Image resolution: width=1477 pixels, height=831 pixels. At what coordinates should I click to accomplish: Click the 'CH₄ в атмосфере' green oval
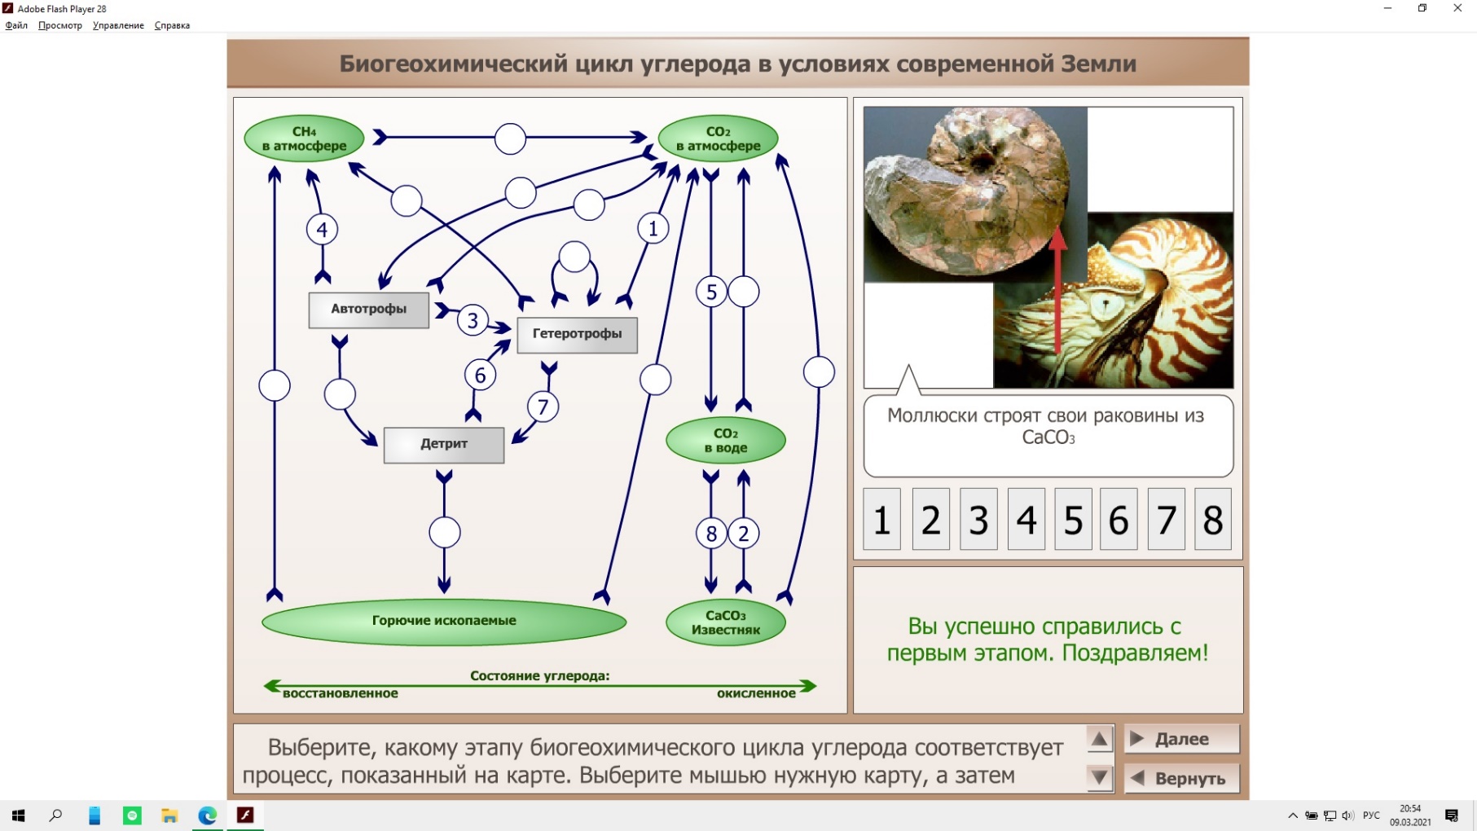[x=304, y=138]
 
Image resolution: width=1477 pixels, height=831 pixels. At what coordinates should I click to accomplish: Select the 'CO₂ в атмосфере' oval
[x=718, y=138]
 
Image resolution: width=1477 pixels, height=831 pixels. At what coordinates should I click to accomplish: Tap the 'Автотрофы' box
[x=369, y=310]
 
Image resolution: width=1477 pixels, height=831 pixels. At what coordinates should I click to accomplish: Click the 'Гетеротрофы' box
[x=577, y=334]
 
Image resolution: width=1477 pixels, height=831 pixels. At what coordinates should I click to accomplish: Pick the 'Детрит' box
[x=444, y=445]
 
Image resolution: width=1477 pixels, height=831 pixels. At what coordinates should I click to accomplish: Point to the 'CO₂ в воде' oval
[x=726, y=441]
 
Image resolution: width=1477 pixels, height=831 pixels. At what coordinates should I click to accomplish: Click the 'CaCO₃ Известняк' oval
[x=726, y=622]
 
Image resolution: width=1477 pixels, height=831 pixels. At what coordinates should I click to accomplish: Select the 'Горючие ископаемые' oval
[x=444, y=622]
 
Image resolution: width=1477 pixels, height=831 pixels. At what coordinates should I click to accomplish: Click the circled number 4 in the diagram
[x=322, y=230]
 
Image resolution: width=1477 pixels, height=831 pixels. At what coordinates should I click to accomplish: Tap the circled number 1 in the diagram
[x=653, y=229]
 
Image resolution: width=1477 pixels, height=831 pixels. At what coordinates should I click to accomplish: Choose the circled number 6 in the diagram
[x=480, y=376]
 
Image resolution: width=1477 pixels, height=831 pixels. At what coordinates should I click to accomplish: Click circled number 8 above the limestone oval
[x=711, y=534]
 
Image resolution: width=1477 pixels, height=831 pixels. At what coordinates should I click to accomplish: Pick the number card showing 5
[x=1073, y=519]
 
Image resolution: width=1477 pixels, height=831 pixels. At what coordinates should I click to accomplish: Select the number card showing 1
[x=881, y=519]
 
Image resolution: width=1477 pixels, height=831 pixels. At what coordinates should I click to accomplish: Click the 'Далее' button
[x=1182, y=739]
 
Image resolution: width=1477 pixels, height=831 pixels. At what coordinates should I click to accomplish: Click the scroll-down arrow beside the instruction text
[x=1099, y=778]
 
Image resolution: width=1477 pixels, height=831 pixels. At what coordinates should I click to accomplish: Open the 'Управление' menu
[x=118, y=25]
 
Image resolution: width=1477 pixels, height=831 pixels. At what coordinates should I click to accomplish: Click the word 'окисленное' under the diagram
[x=756, y=693]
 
